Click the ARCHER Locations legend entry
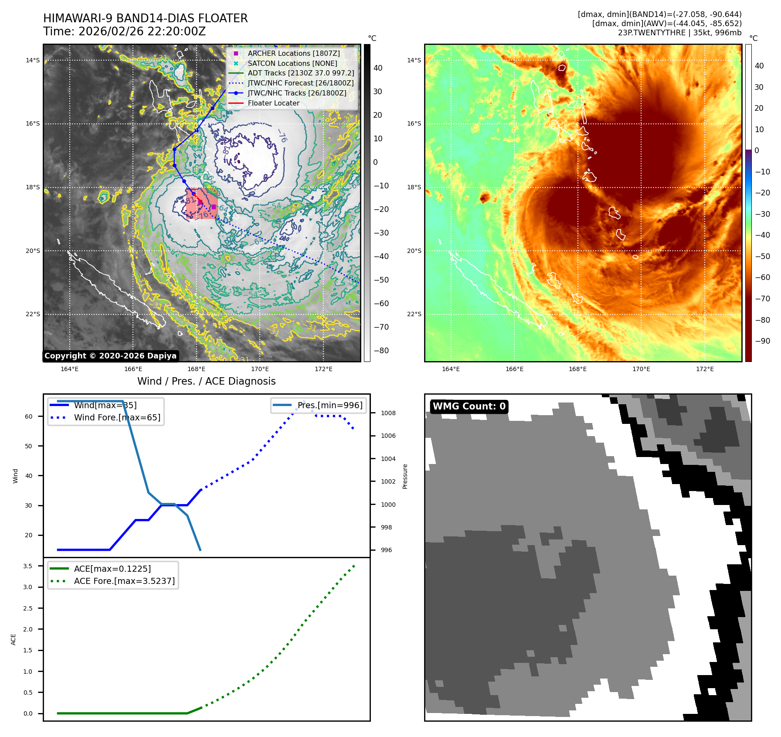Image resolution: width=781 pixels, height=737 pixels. tap(293, 53)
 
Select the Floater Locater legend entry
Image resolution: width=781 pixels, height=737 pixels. tap(273, 103)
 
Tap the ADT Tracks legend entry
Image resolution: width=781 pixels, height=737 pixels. tap(301, 73)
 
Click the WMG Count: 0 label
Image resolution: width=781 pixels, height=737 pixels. tap(469, 406)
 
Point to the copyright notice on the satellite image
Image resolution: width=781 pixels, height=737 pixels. tap(110, 356)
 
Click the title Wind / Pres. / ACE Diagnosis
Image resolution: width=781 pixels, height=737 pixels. tap(206, 381)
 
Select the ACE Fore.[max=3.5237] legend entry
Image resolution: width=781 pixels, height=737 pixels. tap(124, 581)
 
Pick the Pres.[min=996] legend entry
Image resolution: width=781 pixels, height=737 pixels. tap(329, 405)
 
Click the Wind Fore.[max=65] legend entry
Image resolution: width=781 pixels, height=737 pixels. tap(117, 417)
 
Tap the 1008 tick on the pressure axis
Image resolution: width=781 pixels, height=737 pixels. tap(388, 413)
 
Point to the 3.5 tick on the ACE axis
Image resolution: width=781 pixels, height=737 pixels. tap(27, 566)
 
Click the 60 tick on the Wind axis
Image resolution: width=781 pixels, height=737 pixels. tap(28, 416)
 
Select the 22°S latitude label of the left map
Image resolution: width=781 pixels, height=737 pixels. tap(33, 314)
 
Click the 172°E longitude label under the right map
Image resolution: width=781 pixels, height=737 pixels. tap(705, 369)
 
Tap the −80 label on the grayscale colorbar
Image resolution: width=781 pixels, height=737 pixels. tap(381, 351)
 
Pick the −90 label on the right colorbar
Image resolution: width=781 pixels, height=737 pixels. tap(762, 341)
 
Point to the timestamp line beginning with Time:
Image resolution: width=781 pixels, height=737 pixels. tap(124, 31)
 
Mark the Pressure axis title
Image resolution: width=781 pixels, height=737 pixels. tap(405, 476)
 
